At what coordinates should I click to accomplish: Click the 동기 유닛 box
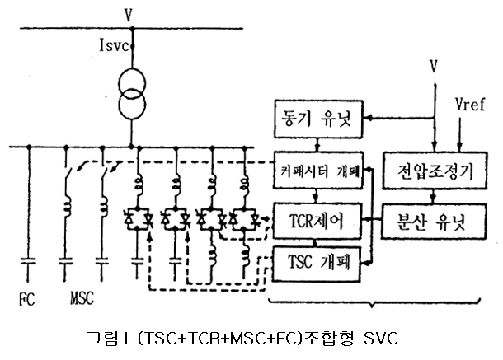tap(318, 119)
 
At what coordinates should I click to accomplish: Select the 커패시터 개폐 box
tap(318, 170)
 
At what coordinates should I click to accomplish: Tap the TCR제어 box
tap(317, 221)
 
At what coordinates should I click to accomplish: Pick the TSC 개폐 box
tap(317, 264)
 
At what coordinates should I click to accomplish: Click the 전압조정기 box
tap(435, 171)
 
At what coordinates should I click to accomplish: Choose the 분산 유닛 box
tap(434, 222)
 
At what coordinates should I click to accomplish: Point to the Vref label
tap(470, 105)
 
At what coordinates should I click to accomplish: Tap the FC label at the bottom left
tap(27, 299)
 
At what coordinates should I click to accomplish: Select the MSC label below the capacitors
tap(82, 298)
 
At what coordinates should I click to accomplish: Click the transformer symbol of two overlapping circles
tap(132, 94)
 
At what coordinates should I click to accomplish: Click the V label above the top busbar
tap(129, 15)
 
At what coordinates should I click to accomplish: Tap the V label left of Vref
tap(434, 67)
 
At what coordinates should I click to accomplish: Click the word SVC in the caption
tap(381, 339)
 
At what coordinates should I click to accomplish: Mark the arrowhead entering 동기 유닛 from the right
tap(368, 118)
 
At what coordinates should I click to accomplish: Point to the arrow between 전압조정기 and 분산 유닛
tap(434, 196)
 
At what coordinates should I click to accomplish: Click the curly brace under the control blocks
tap(373, 303)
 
